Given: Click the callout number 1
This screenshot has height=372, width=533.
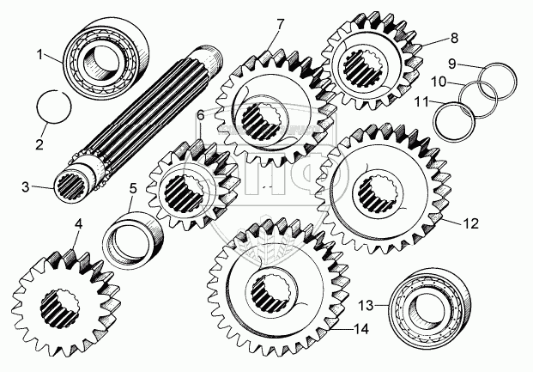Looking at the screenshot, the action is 40,54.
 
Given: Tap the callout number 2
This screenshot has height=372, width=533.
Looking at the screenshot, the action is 39,144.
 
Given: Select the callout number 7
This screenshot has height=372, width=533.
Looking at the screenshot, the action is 280,25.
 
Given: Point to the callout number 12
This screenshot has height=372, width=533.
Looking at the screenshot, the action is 471,223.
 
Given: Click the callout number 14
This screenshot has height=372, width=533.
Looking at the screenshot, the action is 361,329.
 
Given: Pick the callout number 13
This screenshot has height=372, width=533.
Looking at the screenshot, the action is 366,305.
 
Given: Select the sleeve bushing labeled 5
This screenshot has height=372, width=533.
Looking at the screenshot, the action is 133,236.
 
